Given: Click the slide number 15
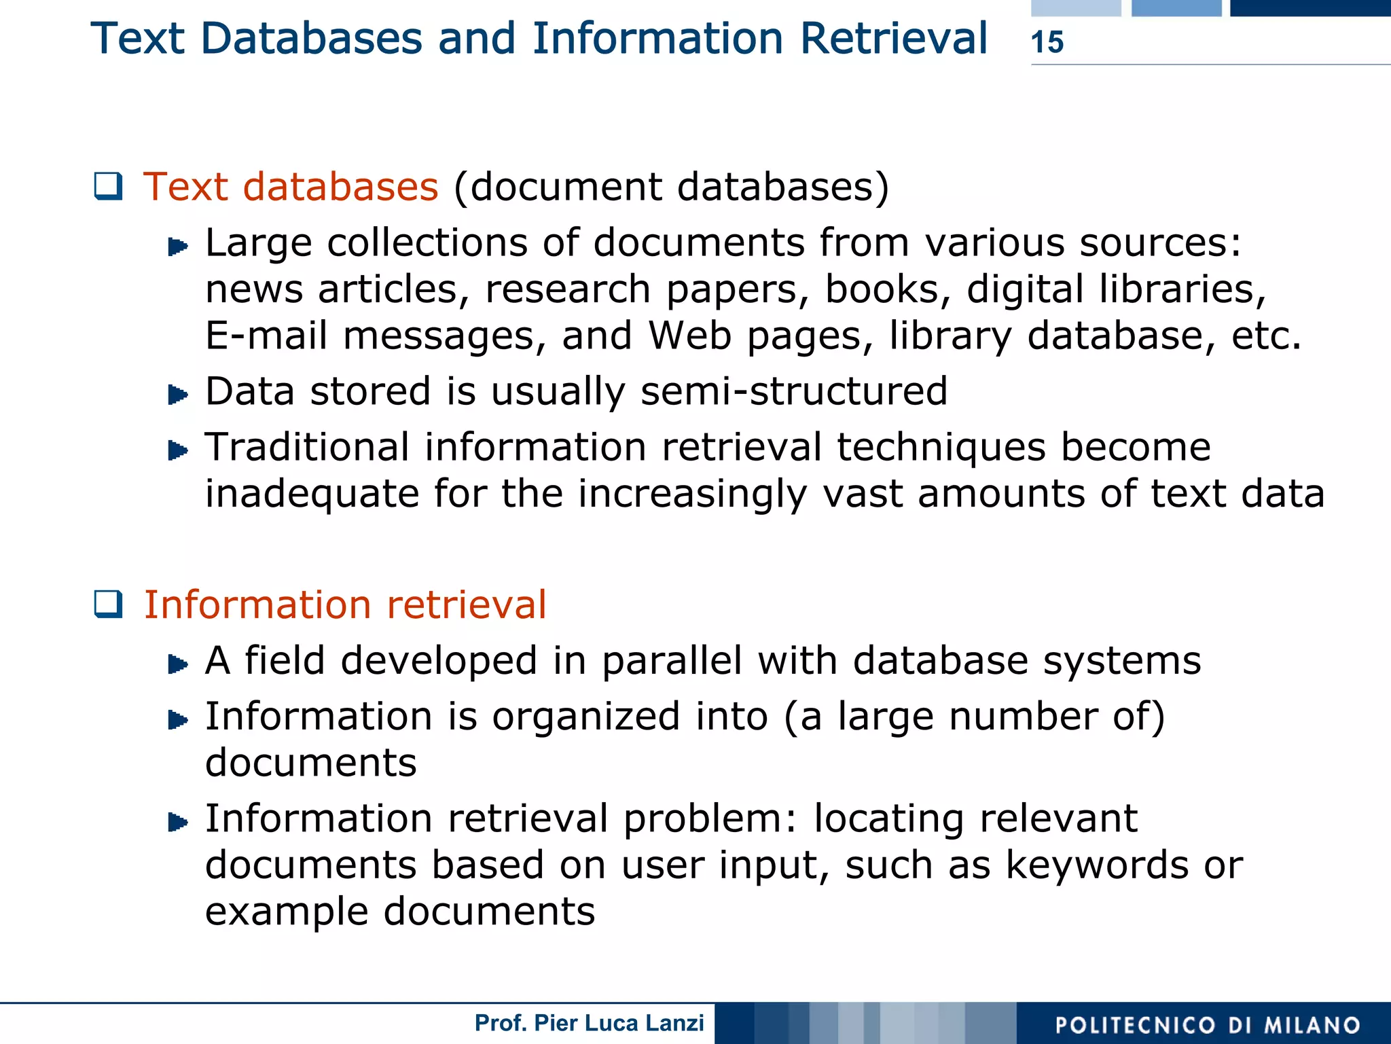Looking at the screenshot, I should tap(1047, 42).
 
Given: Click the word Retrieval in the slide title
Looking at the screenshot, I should tap(894, 38).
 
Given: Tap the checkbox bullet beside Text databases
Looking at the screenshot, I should tap(109, 187).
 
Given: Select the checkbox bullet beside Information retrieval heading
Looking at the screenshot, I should tap(109, 604).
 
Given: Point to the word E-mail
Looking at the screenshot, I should tap(266, 336).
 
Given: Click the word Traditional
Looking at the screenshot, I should tap(307, 448).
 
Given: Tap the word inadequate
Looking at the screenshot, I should tap(312, 494).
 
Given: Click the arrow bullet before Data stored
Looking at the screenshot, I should tap(177, 394).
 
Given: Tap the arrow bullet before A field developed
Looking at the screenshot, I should tap(177, 663).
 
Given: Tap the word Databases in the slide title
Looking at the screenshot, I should tap(311, 38).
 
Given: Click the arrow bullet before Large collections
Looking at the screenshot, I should tap(177, 246).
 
